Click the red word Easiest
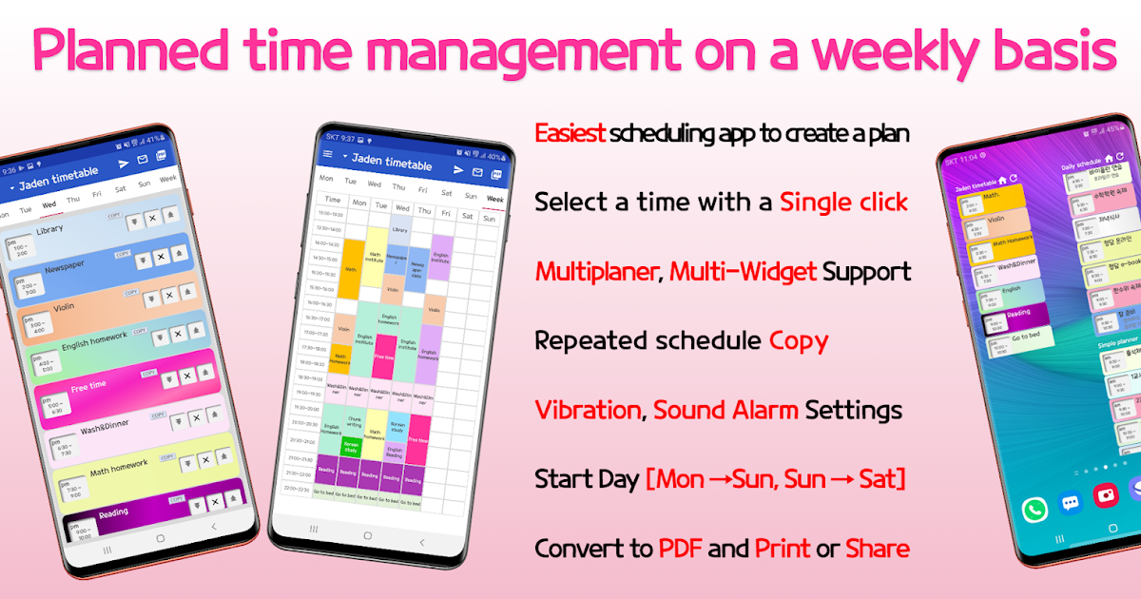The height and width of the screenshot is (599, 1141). tap(570, 133)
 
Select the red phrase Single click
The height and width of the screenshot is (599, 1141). tap(843, 202)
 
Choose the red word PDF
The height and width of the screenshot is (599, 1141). tap(680, 549)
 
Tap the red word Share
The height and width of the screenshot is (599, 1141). tap(877, 549)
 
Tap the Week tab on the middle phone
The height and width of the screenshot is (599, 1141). tap(494, 198)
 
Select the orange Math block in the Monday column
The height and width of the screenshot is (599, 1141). tap(351, 269)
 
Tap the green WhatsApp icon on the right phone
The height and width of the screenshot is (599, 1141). tap(1035, 510)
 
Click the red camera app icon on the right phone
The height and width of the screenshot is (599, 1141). tap(1105, 495)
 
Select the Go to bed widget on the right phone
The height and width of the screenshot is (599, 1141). tap(1021, 338)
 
